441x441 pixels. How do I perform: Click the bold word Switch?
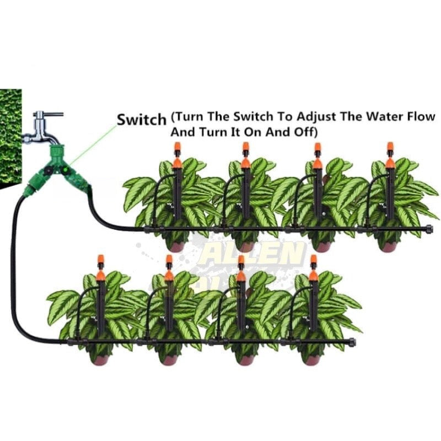pos(141,119)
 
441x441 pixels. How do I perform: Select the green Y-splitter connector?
pos(55,171)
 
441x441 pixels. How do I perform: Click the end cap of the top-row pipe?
pos(429,227)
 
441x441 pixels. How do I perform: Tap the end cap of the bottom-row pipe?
pos(352,342)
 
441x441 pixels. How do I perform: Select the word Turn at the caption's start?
pos(188,117)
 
